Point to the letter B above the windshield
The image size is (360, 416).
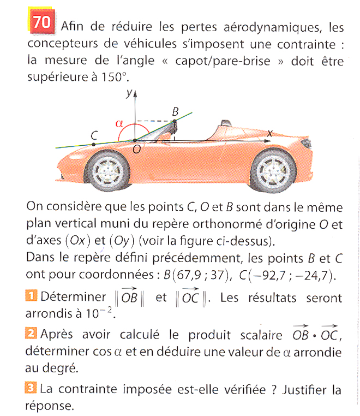tap(175, 111)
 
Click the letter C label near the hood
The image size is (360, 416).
tap(94, 133)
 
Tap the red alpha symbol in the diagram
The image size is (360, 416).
tap(119, 123)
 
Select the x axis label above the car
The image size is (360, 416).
tap(268, 133)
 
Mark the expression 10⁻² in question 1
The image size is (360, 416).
tap(100, 313)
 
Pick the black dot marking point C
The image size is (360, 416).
tap(94, 144)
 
